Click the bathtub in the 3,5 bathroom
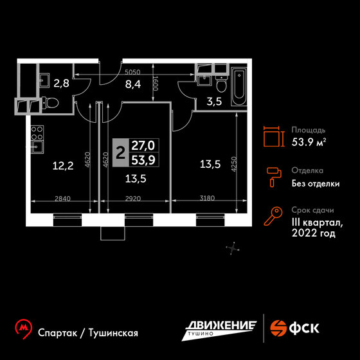pyautogui.click(x=239, y=87)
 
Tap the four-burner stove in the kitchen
pyautogui.click(x=37, y=132)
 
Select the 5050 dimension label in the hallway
pyautogui.click(x=132, y=72)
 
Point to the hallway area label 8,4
pyautogui.click(x=133, y=84)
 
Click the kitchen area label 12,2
pyautogui.click(x=63, y=166)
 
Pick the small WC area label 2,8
pyautogui.click(x=61, y=83)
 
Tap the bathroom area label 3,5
pyautogui.click(x=214, y=102)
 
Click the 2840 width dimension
pyautogui.click(x=63, y=199)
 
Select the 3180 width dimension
pyautogui.click(x=207, y=198)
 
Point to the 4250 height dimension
pyautogui.click(x=233, y=164)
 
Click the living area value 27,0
pyautogui.click(x=143, y=145)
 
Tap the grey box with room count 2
pyautogui.click(x=121, y=153)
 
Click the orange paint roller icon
pyautogui.click(x=274, y=177)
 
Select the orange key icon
pyautogui.click(x=273, y=215)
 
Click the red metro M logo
pyautogui.click(x=23, y=328)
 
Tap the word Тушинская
pyautogui.click(x=113, y=333)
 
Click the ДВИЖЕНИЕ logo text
pyautogui.click(x=221, y=325)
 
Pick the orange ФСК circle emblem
pyautogui.click(x=278, y=328)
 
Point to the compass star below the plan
pyautogui.click(x=233, y=248)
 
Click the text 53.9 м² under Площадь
pyautogui.click(x=309, y=142)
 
